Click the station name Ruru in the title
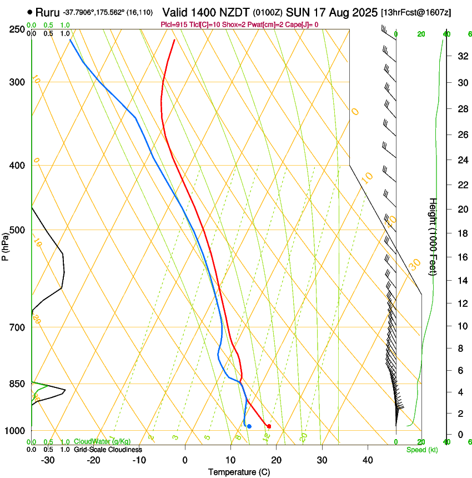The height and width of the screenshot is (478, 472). pos(47,12)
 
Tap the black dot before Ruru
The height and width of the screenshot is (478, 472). pos(30,12)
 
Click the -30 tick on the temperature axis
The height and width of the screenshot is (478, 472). pos(48,460)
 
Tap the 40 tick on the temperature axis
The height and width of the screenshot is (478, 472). pos(368,460)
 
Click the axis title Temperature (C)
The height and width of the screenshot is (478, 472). pos(239,472)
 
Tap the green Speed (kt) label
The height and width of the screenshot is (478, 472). pos(421,450)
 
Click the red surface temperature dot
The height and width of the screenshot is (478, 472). pos(269,426)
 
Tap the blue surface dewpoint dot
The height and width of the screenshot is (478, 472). pos(249,426)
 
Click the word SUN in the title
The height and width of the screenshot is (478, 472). pos(298,12)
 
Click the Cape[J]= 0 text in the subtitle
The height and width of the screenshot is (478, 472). pos(302,24)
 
